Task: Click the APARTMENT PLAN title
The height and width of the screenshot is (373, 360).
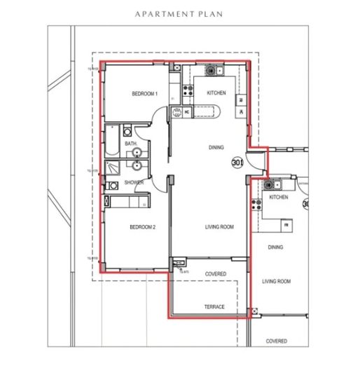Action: (x=180, y=13)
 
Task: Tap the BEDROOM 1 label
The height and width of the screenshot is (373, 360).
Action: (x=145, y=93)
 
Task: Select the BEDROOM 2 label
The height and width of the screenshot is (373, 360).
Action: (x=142, y=227)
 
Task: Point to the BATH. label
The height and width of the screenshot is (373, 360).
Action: (x=130, y=144)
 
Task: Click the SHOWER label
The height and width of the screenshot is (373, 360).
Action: (x=134, y=183)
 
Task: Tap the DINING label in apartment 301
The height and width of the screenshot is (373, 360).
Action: (x=216, y=148)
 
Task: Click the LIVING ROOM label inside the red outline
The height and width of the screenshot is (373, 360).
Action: (x=219, y=227)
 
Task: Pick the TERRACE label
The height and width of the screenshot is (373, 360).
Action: (x=214, y=308)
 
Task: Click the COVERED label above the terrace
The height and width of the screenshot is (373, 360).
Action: (x=215, y=273)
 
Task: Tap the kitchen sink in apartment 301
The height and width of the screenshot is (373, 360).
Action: (x=213, y=71)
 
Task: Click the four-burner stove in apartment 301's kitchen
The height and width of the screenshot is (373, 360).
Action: (x=187, y=89)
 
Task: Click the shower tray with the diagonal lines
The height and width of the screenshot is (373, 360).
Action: (x=112, y=169)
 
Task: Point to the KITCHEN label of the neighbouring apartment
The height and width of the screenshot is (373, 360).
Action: (x=279, y=198)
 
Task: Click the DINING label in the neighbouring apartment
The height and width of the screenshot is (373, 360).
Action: (x=276, y=247)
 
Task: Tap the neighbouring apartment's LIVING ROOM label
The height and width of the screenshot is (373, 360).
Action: (x=276, y=281)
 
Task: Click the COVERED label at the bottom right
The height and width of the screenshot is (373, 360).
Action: (x=276, y=341)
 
